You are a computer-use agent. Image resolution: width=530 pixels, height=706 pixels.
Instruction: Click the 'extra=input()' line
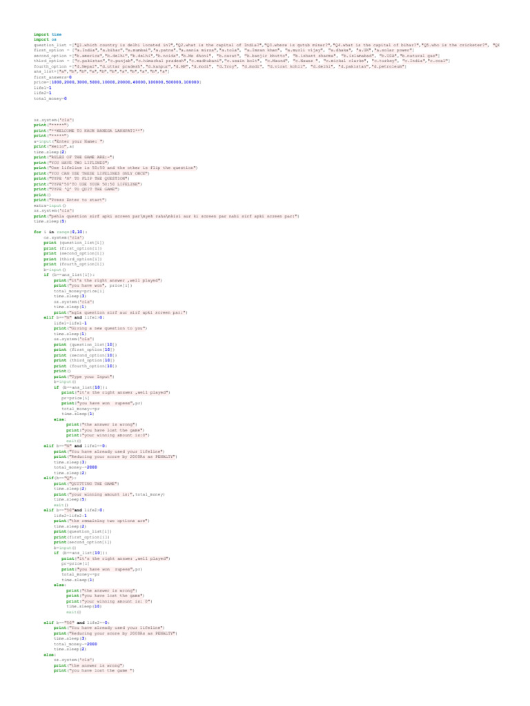coord(50,205)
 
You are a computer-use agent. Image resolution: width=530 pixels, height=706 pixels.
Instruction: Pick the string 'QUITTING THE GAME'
coord(92,483)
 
